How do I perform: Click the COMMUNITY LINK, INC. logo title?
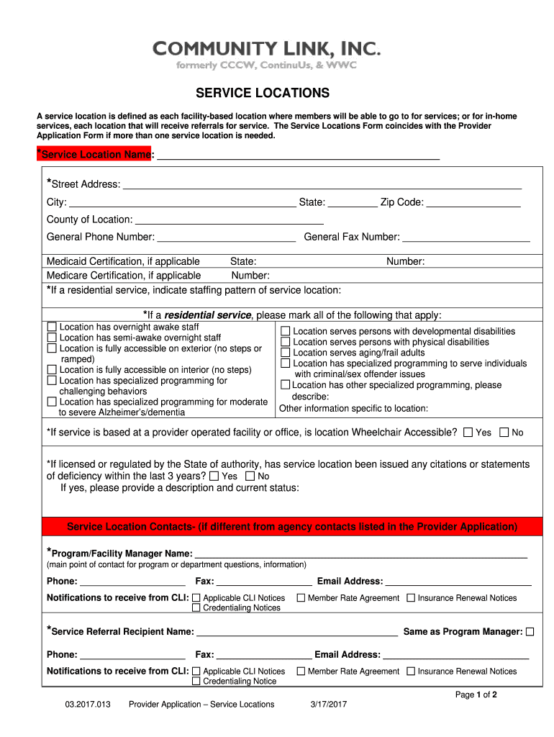[x=266, y=49]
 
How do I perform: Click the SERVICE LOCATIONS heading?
[x=263, y=94]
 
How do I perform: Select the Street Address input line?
[x=322, y=185]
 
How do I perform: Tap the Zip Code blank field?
[x=473, y=203]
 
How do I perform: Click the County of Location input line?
[x=229, y=220]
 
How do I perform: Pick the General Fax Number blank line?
[x=466, y=238]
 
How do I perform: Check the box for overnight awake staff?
[x=52, y=327]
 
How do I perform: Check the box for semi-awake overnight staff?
[x=52, y=338]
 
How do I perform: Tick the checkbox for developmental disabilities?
[x=286, y=332]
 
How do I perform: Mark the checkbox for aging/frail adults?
[x=286, y=353]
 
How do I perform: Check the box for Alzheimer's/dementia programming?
[x=52, y=402]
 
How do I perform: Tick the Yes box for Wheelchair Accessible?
[x=468, y=433]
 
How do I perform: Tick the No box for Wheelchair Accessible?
[x=504, y=433]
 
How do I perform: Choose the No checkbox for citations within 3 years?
[x=250, y=476]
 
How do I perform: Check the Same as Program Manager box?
[x=530, y=632]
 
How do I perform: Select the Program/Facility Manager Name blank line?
[x=360, y=553]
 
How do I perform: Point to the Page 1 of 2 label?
[x=476, y=695]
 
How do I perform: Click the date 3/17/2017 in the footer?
[x=329, y=705]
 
